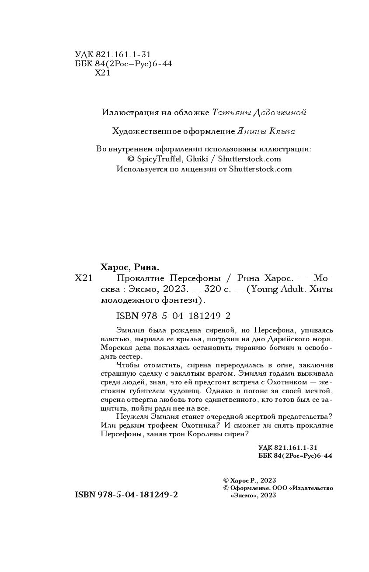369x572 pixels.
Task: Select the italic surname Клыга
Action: pos(285,131)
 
